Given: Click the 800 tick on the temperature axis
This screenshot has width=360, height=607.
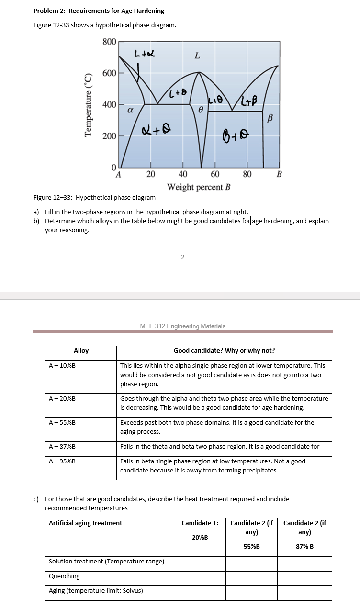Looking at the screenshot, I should click(109, 42).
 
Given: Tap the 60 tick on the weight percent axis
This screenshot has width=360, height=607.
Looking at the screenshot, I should click(215, 174).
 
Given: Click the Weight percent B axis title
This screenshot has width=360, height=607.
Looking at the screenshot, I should click(199, 187).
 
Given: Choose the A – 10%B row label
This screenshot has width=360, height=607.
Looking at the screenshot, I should click(62, 365).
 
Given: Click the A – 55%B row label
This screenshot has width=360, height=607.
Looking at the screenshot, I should click(62, 422).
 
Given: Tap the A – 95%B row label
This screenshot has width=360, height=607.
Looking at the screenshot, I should click(62, 461).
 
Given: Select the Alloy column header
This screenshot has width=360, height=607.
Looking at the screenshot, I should click(81, 350).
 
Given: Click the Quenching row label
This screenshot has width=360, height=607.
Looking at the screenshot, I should click(64, 576).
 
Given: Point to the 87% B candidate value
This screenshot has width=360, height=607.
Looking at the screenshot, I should click(304, 546).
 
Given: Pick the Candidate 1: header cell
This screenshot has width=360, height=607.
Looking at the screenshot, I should click(200, 523).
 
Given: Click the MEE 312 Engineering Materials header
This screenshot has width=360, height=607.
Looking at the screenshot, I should click(182, 326).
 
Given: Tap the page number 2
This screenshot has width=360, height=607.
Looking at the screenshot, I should click(182, 257).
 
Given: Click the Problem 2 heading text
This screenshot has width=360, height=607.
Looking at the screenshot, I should click(99, 11).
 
